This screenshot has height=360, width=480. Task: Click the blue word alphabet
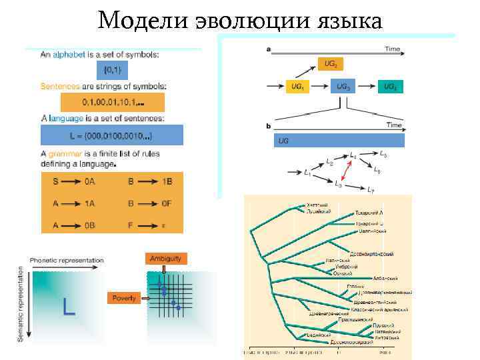tap(71, 55)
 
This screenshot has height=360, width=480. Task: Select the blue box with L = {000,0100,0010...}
tap(112, 135)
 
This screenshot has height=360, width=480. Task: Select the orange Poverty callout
tap(124, 298)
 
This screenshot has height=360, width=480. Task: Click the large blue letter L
tap(68, 307)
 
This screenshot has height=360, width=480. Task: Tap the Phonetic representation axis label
tap(67, 260)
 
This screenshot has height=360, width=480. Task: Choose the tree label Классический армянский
tap(379, 310)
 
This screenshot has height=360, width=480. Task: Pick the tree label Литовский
tap(387, 337)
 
